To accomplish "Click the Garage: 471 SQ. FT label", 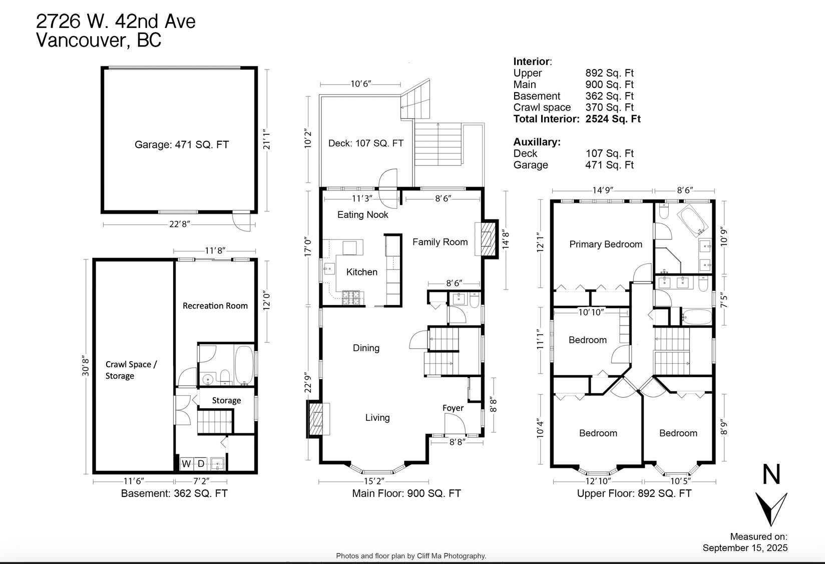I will (181, 145).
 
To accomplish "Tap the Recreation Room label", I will (215, 306).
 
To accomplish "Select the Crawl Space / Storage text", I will (130, 370).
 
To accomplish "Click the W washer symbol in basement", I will (186, 464).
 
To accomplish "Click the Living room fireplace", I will (316, 418).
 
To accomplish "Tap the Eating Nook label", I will (362, 214).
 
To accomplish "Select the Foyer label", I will (453, 408).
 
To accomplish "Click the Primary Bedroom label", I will (605, 244).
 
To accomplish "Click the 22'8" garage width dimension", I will (179, 224).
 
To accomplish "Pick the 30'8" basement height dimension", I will (86, 366).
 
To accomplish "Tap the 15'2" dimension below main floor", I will (373, 481).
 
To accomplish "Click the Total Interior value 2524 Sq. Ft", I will (613, 119).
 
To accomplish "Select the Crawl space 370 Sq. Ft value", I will (609, 107).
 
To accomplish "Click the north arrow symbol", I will (771, 507).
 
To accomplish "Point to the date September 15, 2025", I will (744, 547).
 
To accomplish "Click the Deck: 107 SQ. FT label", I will (365, 143).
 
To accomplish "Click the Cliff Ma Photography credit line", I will (411, 555).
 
